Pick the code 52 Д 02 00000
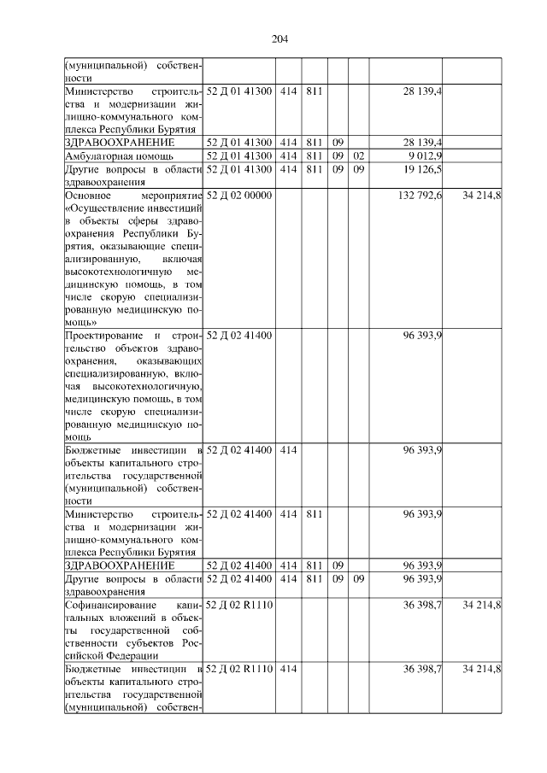239,196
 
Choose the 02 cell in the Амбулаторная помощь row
358,156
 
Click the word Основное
89,196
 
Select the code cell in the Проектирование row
239,336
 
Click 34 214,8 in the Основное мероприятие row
481,196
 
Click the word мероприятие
171,196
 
